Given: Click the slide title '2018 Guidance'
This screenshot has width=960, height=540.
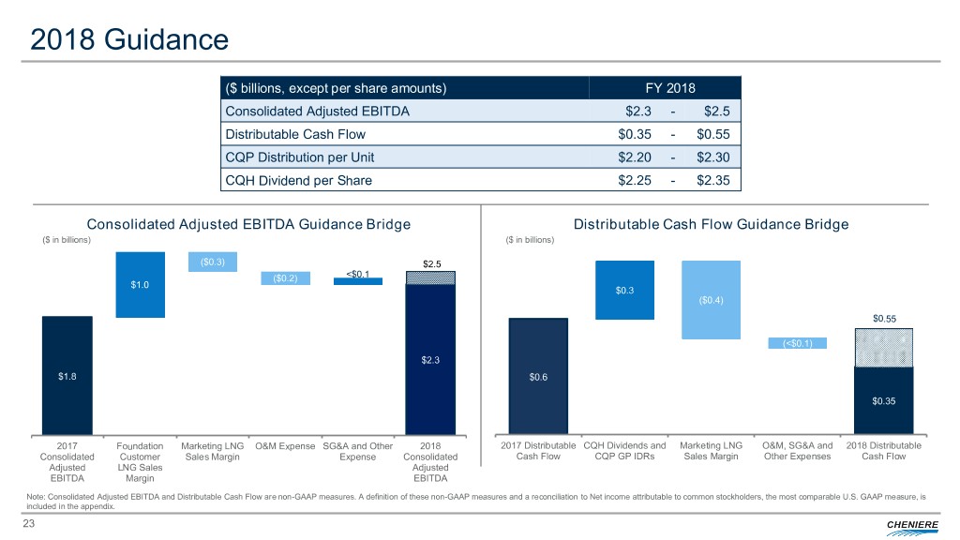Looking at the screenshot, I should (x=128, y=39).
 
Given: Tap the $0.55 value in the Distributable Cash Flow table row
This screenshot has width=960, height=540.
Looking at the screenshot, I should (x=720, y=134).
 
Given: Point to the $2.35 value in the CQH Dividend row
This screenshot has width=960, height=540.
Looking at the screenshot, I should (x=720, y=180).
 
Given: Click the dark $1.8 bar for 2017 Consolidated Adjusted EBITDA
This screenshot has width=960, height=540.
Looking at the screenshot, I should (x=67, y=375).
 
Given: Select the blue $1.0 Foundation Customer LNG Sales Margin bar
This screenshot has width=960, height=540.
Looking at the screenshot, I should (x=140, y=285).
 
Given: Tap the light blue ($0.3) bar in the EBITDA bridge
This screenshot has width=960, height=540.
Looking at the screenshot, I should (x=213, y=262).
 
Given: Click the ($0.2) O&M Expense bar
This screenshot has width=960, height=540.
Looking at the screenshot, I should (x=285, y=277).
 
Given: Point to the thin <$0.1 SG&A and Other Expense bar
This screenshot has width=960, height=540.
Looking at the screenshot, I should (x=358, y=280).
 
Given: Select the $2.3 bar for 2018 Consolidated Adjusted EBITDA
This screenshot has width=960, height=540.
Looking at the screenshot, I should (x=430, y=359).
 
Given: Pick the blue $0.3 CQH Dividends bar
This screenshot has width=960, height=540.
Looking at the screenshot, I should (x=624, y=290).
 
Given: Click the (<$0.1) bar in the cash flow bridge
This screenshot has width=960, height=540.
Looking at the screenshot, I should (x=797, y=343).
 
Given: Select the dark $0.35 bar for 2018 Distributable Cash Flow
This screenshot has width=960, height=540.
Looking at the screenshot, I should (x=883, y=400).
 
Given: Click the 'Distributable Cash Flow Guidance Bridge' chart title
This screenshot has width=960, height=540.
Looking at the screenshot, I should (x=711, y=224).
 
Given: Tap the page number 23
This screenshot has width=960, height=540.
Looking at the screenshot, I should (x=30, y=525).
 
